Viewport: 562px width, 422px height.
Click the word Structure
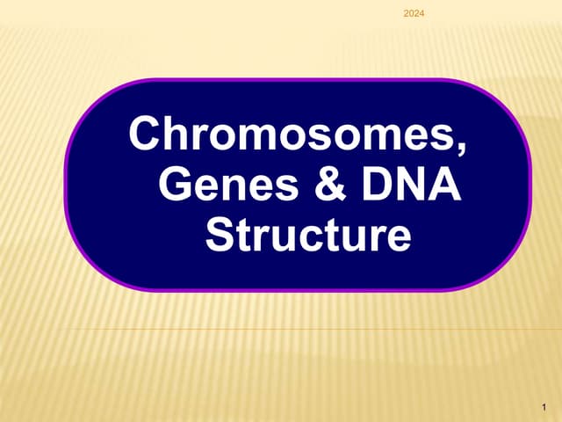pos(307,235)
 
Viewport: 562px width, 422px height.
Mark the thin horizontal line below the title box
pos(299,330)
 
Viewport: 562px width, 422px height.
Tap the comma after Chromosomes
pos(462,148)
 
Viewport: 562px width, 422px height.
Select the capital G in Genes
pos(179,186)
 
